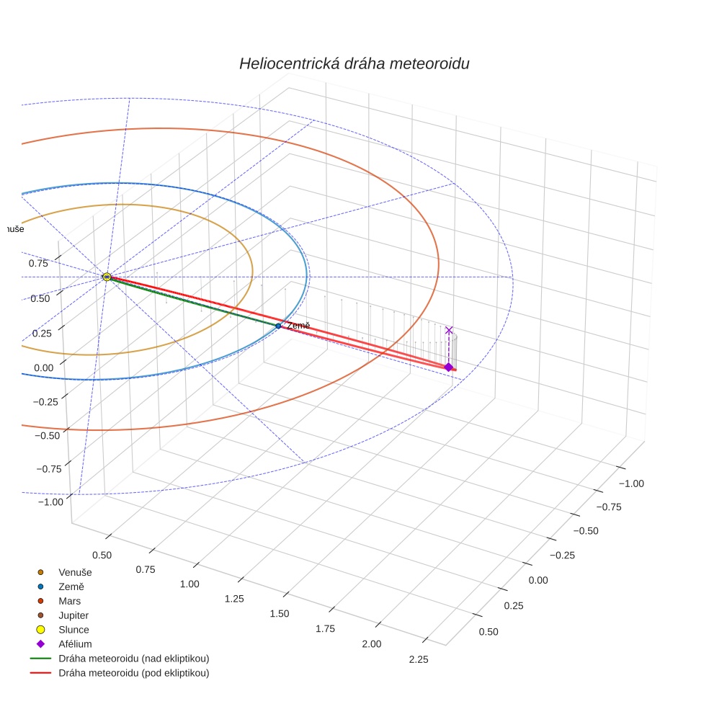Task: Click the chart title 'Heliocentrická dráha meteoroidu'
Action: click(354, 63)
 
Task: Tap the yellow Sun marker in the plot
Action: click(107, 277)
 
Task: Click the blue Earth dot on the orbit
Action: click(278, 326)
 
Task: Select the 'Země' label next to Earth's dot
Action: click(298, 326)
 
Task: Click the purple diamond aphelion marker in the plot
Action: click(448, 367)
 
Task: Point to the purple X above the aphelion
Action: click(449, 330)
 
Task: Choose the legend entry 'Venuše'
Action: click(75, 572)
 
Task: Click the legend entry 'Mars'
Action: click(69, 601)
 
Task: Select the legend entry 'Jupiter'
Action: click(73, 615)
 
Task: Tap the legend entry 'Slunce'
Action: click(73, 630)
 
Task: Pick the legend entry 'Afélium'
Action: click(75, 644)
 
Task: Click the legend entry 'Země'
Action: click(71, 587)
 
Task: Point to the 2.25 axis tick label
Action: click(419, 659)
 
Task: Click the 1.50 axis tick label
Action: click(279, 613)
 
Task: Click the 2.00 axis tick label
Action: click(372, 643)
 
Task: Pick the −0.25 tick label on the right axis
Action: click(566, 556)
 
